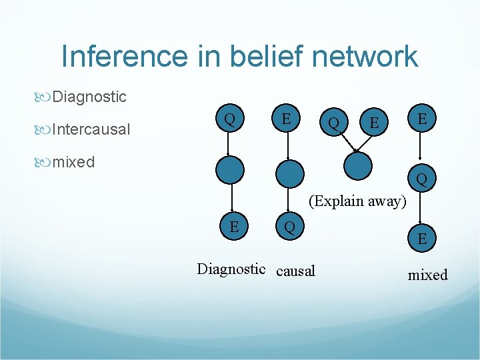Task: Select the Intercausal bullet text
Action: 91,129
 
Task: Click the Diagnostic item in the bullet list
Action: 89,97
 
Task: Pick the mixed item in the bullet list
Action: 73,161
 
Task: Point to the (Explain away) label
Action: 357,201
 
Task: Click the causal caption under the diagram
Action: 295,270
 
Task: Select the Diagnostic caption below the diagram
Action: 231,269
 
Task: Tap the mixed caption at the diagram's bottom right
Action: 427,275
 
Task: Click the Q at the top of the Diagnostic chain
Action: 229,119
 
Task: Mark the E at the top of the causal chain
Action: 285,119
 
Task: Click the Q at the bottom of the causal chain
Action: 289,227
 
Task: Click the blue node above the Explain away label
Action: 358,163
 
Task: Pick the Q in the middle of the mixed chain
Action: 422,179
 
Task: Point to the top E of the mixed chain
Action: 421,118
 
